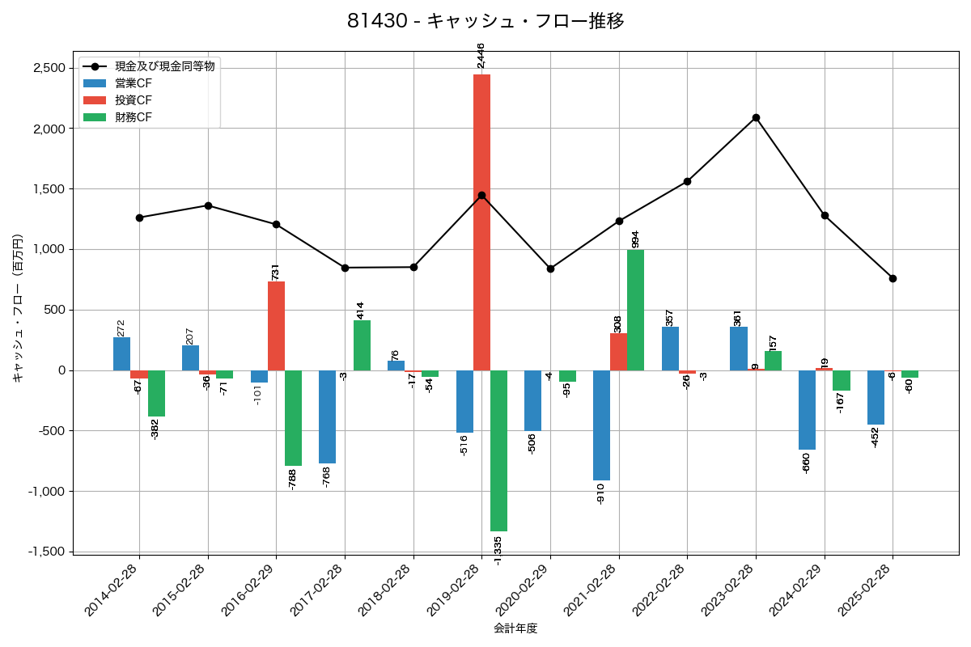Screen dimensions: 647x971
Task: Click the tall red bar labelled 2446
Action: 481,222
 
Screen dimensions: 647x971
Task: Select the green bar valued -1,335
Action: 498,450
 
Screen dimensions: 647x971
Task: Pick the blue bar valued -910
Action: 601,425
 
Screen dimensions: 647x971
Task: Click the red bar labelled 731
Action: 276,326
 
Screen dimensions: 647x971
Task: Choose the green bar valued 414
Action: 362,345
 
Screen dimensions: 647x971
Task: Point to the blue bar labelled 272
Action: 121,353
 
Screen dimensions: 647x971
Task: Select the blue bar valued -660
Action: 807,410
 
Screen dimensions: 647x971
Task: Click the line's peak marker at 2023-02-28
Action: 756,118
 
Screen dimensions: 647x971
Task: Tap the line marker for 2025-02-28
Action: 893,278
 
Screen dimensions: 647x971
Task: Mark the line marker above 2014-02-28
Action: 139,218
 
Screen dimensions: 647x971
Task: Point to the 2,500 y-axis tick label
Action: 49,68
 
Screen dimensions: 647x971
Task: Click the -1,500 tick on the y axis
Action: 47,552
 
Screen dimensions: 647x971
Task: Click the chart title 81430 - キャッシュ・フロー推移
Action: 485,21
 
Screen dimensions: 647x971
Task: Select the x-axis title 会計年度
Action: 515,628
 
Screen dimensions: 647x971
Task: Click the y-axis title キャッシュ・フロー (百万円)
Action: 17,308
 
